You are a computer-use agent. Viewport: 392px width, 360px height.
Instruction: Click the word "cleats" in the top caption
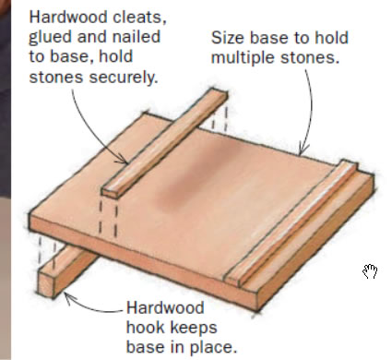(x=139, y=17)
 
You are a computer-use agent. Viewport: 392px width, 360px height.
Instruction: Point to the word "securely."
(x=124, y=78)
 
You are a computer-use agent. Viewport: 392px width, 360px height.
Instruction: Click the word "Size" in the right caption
(x=228, y=38)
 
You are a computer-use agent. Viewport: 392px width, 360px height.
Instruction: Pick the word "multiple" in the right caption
(x=244, y=58)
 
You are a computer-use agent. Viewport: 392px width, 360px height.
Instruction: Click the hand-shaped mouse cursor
(x=370, y=271)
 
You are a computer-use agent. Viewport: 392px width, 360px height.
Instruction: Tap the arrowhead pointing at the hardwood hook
(x=68, y=297)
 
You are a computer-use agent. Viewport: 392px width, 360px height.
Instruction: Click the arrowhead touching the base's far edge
(x=303, y=150)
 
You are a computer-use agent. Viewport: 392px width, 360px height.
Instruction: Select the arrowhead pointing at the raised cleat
(x=123, y=160)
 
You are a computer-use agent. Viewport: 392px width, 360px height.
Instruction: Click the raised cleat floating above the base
(x=165, y=142)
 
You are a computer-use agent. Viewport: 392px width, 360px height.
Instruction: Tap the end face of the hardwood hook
(x=46, y=284)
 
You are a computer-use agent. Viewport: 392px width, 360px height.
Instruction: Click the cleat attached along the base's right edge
(x=290, y=222)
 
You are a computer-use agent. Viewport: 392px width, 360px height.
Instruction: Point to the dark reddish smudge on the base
(x=196, y=176)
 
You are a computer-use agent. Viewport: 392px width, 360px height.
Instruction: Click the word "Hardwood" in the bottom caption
(x=165, y=308)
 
